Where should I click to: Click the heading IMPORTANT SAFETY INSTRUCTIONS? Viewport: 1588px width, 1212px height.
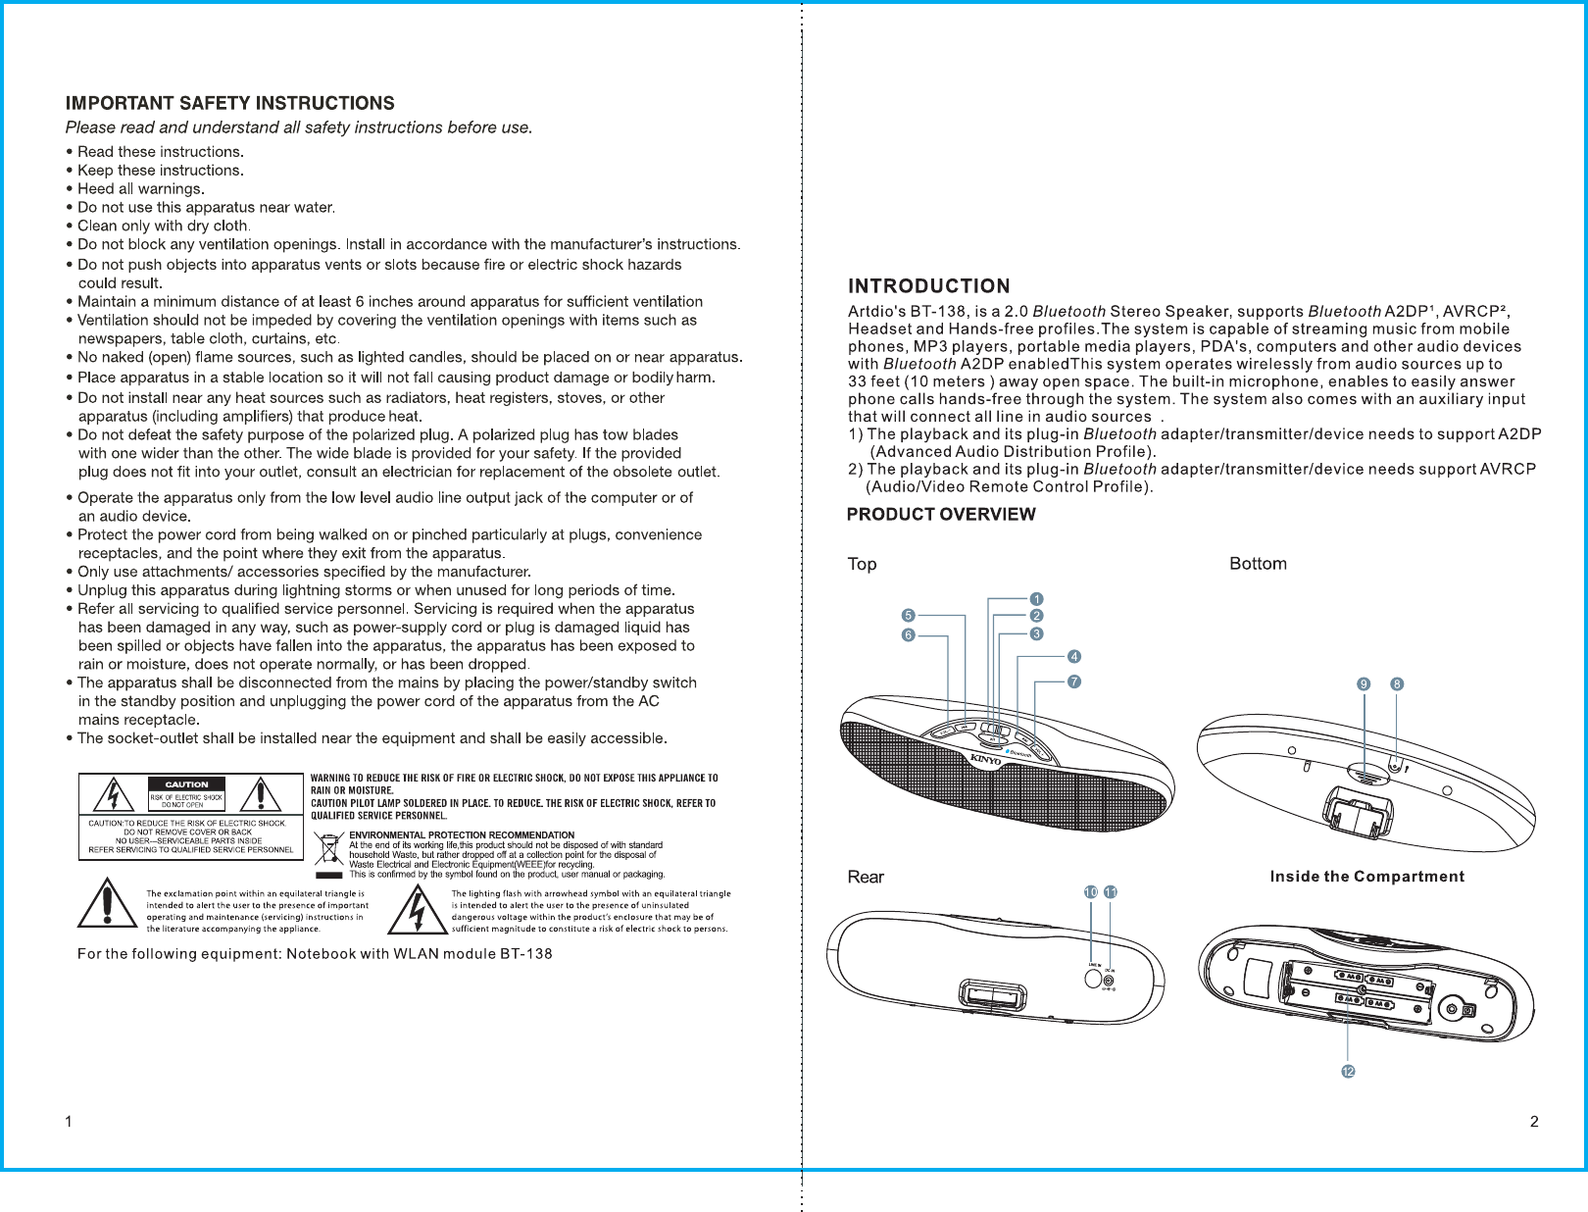[229, 103]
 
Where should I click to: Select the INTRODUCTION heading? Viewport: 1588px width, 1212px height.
[928, 286]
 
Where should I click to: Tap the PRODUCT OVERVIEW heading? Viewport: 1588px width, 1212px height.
[940, 515]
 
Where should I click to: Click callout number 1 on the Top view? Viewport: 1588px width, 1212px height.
[1036, 599]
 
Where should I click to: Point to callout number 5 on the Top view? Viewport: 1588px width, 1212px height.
[909, 616]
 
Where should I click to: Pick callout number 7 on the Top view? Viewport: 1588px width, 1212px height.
[1074, 682]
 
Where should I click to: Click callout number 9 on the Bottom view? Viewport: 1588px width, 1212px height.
[1364, 684]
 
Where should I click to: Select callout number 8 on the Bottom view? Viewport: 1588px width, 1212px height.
[1397, 684]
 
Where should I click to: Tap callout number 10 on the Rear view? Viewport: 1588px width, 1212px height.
[1091, 892]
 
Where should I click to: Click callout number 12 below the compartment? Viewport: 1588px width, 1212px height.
[1348, 1072]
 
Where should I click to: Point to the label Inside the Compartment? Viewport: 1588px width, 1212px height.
[1366, 877]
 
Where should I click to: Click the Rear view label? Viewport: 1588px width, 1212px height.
[866, 877]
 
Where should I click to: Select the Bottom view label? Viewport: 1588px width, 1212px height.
[1258, 564]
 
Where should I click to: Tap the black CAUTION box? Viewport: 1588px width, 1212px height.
[186, 784]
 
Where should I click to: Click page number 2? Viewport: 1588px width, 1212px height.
[1534, 1122]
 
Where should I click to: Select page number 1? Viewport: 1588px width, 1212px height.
[69, 1122]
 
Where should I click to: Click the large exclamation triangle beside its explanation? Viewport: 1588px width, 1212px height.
[107, 904]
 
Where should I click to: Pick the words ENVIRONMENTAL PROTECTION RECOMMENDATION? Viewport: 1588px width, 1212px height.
[462, 835]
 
